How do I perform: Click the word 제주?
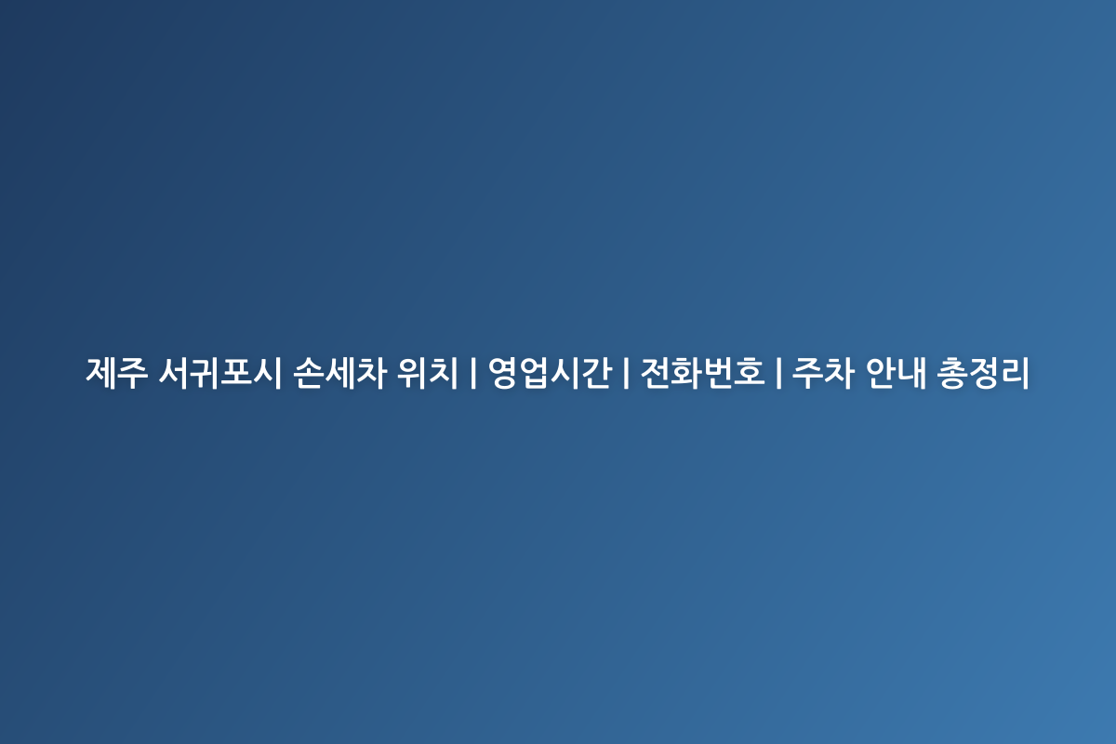pyautogui.click(x=117, y=372)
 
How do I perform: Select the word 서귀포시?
pyautogui.click(x=219, y=372)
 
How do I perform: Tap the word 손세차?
pyautogui.click(x=339, y=372)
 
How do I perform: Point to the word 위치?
pyautogui.click(x=427, y=372)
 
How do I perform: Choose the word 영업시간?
pyautogui.click(x=550, y=372)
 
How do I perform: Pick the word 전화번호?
pyautogui.click(x=702, y=372)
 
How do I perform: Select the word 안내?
pyautogui.click(x=896, y=372)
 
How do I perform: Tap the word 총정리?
pyautogui.click(x=982, y=372)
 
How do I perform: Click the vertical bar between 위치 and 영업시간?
pyautogui.click(x=472, y=372)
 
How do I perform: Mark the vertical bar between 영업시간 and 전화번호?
pyautogui.click(x=626, y=372)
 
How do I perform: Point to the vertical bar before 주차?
pyautogui.click(x=778, y=372)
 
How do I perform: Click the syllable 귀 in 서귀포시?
pyautogui.click(x=205, y=372)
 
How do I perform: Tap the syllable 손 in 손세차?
pyautogui.click(x=308, y=372)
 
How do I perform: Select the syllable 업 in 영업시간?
pyautogui.click(x=535, y=372)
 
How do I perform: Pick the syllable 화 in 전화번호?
pyautogui.click(x=687, y=372)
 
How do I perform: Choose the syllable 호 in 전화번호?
pyautogui.click(x=749, y=372)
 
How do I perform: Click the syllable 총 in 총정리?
pyautogui.click(x=951, y=372)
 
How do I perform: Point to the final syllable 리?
pyautogui.click(x=1015, y=372)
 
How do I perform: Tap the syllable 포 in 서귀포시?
pyautogui.click(x=235, y=372)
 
